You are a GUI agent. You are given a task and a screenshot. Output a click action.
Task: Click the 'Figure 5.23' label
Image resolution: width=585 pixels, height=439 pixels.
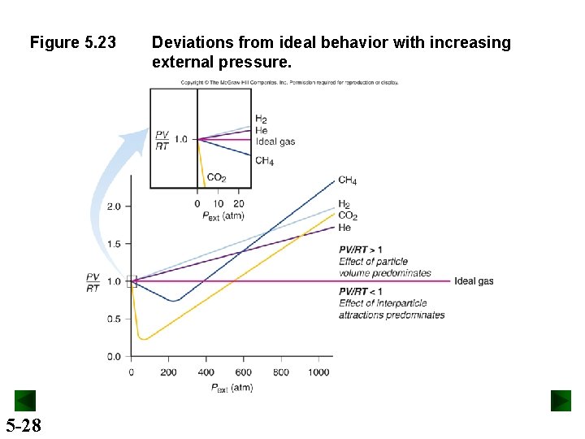point(73,42)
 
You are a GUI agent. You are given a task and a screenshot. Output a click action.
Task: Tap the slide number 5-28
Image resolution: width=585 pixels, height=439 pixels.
point(24,425)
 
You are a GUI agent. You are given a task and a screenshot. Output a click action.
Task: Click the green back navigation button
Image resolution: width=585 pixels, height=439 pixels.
point(25,401)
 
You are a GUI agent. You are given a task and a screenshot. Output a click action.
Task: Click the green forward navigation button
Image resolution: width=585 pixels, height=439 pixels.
point(561,401)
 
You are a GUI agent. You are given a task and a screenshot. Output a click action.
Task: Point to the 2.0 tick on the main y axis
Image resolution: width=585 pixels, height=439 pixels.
point(114,206)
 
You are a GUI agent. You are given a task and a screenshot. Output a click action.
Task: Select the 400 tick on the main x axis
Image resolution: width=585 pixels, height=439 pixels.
point(206,372)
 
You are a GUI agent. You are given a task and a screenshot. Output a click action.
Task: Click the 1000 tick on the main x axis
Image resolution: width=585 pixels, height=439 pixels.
point(318,372)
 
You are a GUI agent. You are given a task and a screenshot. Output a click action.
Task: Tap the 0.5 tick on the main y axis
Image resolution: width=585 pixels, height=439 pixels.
point(114,319)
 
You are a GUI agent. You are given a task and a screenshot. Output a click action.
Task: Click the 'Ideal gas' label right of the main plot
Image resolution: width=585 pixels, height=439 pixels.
point(474,281)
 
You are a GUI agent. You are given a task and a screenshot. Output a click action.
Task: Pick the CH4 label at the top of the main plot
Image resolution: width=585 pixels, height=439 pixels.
point(347,180)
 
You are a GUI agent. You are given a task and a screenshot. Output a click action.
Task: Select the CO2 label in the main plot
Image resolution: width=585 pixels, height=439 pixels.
point(348,216)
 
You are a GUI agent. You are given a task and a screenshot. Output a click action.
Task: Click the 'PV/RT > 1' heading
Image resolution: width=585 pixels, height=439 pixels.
point(361,250)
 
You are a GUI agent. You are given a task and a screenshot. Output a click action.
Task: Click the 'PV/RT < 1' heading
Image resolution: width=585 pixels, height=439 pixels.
point(361,291)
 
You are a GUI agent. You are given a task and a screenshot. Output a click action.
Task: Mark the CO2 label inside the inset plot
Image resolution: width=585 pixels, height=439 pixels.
point(217,178)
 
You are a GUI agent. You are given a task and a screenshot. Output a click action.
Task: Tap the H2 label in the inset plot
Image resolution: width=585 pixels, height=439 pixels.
point(262,120)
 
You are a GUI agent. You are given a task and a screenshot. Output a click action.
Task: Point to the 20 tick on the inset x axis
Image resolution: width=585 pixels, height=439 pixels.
point(238,203)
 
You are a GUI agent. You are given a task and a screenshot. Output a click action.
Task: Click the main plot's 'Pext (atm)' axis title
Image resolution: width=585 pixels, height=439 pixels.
point(232,388)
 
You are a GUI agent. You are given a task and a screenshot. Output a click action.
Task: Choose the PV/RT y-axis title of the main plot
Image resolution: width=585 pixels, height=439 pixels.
point(93,282)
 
